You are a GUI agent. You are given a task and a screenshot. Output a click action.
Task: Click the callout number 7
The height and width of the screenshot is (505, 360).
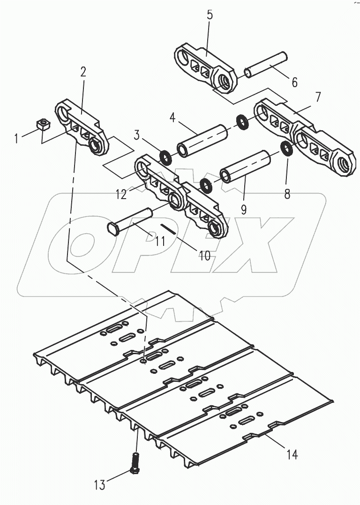coord(318,97)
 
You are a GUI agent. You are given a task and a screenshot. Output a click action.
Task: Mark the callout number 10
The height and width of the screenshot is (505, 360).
coord(204,256)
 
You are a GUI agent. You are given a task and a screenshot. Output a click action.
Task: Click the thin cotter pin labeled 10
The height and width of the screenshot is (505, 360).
coord(169,230)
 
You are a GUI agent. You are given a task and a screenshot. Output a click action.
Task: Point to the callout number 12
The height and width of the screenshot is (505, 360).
coord(121,194)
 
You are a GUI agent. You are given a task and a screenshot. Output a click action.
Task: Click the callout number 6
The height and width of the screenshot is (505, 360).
coord(294,82)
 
